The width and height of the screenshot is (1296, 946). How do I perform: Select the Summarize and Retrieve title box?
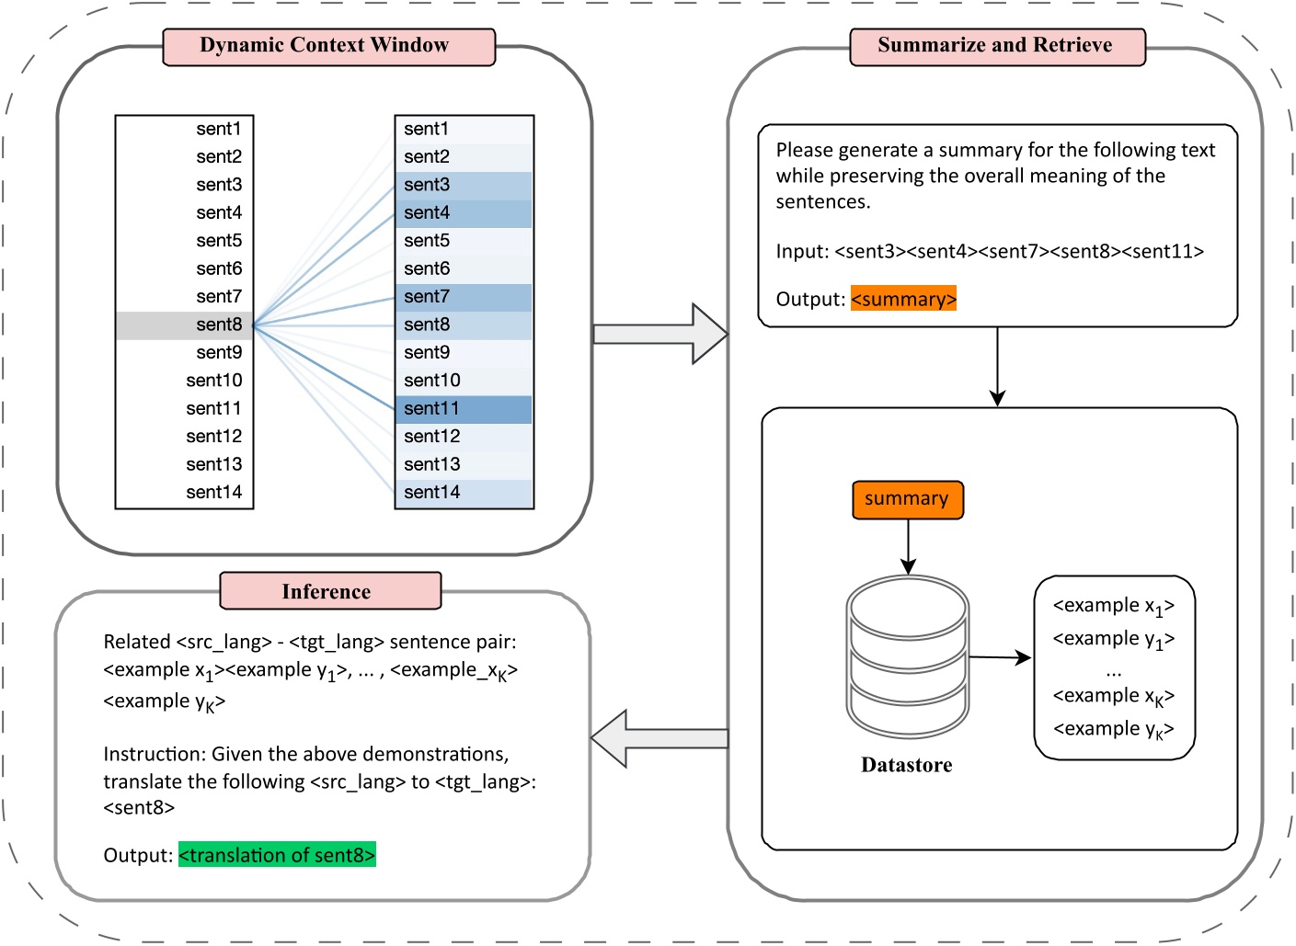(997, 47)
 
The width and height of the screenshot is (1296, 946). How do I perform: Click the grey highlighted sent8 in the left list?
(185, 325)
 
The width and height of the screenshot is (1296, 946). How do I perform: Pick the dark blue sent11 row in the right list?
(464, 409)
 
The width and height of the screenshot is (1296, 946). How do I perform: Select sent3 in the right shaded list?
(464, 185)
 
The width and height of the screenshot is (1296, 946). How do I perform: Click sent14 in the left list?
(213, 493)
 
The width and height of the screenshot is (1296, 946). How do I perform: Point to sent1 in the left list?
(218, 130)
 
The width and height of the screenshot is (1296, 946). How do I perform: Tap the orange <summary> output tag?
(903, 300)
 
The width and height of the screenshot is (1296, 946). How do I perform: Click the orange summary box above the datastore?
(907, 500)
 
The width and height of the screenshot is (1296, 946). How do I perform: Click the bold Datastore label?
(906, 765)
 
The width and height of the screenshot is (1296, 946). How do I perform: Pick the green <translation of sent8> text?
(277, 856)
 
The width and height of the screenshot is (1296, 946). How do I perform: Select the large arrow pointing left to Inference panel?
(659, 738)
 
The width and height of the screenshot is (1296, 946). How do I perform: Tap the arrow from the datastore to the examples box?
(1000, 657)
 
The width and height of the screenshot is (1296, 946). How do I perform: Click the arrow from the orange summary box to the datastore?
(908, 548)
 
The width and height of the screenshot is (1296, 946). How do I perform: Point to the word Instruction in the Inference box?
(154, 755)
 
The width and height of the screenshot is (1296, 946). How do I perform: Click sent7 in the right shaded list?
(464, 297)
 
